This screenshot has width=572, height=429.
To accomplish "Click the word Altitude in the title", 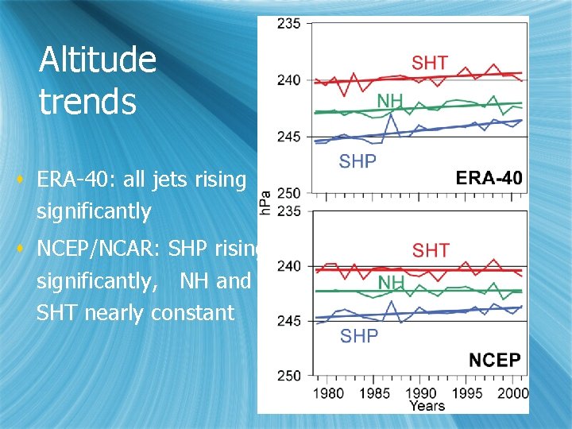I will [x=98, y=60].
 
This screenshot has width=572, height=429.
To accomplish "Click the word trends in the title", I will [x=87, y=102].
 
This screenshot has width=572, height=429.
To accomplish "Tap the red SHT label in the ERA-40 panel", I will [x=429, y=62].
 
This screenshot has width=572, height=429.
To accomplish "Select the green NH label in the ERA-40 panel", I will [x=390, y=101].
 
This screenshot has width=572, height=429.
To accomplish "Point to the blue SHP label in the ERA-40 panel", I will [x=357, y=160].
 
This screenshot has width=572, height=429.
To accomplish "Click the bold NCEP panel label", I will [x=494, y=360].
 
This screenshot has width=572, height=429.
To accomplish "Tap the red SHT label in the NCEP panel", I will [x=430, y=251].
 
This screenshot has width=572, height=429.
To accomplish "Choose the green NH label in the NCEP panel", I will [x=391, y=283].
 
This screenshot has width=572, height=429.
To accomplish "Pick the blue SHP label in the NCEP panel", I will [x=358, y=336].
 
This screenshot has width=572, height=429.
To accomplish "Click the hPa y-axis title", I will [x=265, y=202].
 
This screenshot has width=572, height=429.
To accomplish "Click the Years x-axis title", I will [x=427, y=406].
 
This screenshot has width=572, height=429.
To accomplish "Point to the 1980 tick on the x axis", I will [x=327, y=392].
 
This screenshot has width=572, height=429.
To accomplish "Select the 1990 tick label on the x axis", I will [x=423, y=392].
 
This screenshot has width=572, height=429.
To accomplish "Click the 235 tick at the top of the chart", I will [x=288, y=24].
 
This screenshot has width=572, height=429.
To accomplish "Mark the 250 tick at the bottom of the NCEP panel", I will [x=288, y=375].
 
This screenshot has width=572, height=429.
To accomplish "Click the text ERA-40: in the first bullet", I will [x=76, y=180].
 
